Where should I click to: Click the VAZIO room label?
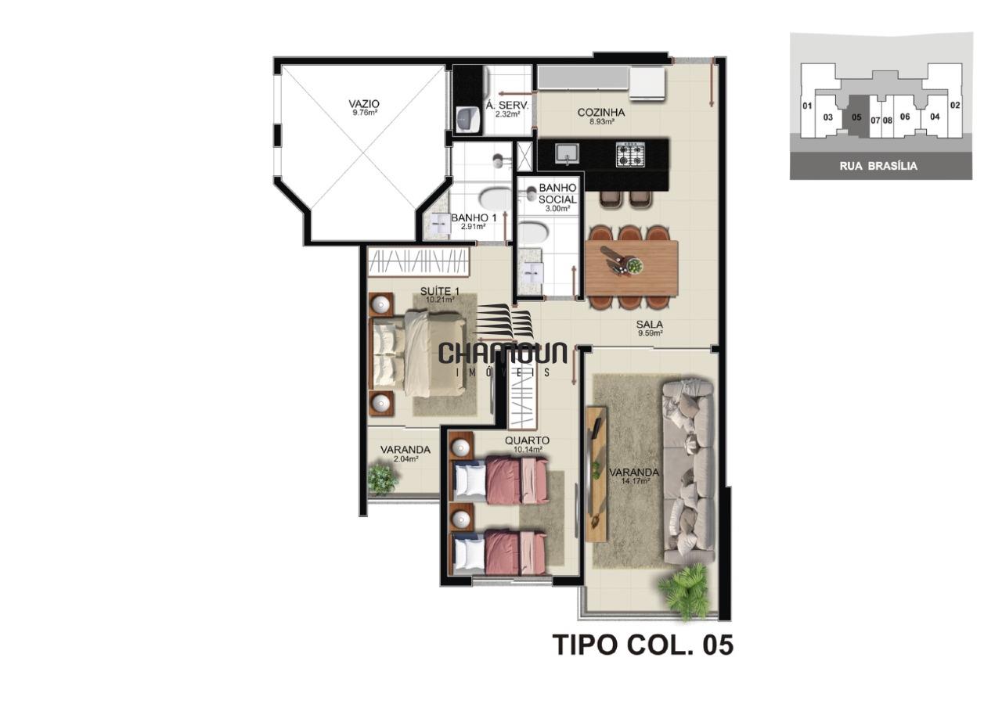[x=364, y=104]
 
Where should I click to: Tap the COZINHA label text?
[x=600, y=113]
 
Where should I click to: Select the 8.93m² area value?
[x=601, y=121]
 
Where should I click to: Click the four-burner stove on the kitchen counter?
[x=630, y=155]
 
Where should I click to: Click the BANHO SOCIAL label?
[x=557, y=193]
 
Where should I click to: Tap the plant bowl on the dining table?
[x=634, y=267]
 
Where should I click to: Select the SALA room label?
[x=650, y=325]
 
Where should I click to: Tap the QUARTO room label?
[x=527, y=440]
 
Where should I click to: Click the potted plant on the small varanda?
[x=383, y=480]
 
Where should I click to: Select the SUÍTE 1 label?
[x=440, y=292]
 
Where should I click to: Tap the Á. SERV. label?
[x=507, y=106]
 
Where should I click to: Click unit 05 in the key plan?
[x=856, y=117]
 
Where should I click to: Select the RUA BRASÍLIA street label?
[x=878, y=167]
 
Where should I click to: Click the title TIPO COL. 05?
[x=643, y=645]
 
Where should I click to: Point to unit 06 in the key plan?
[x=904, y=117]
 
